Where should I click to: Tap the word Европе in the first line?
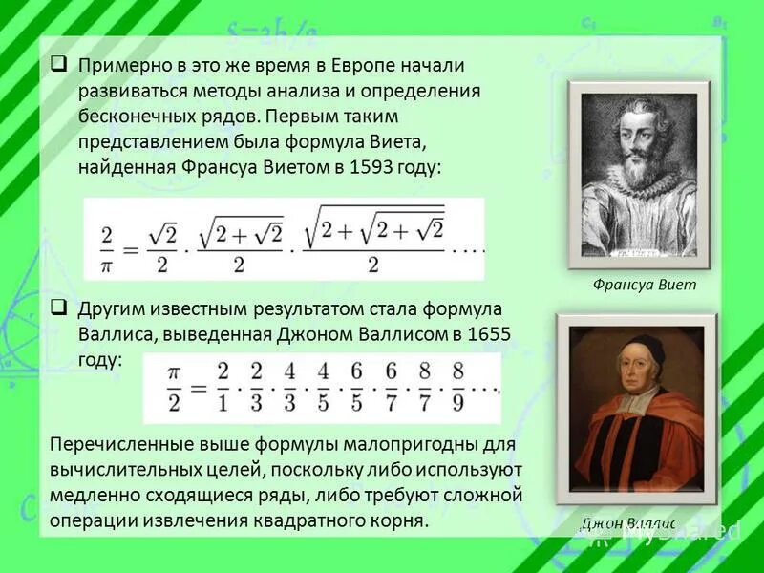(x=363, y=66)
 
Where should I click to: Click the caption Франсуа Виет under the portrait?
(x=644, y=285)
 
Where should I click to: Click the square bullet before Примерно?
(x=59, y=65)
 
